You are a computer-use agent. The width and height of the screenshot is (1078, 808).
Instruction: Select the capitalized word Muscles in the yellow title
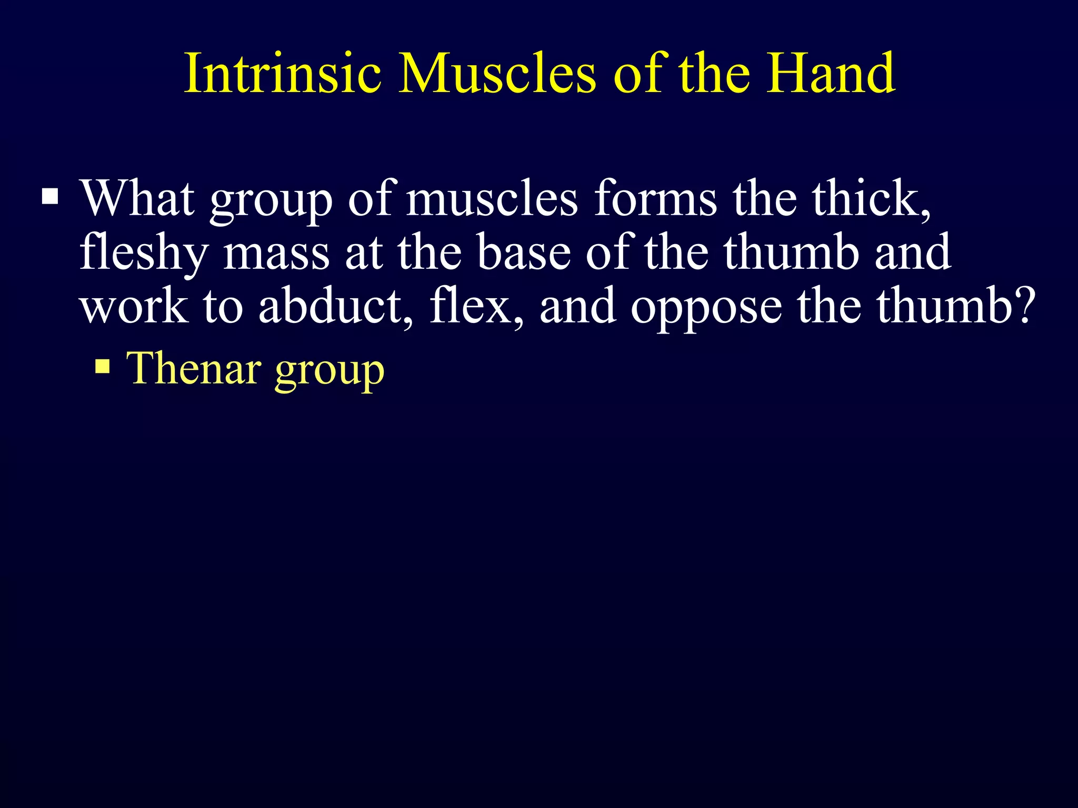click(x=497, y=73)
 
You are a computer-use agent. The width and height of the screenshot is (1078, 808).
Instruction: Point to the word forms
click(x=655, y=198)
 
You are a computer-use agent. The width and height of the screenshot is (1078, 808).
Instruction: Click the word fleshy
click(x=144, y=253)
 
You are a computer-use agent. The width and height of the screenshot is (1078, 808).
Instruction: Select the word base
click(x=524, y=252)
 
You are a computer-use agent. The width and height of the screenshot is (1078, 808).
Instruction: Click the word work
click(x=134, y=307)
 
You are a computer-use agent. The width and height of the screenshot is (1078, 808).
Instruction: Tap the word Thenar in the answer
click(x=194, y=368)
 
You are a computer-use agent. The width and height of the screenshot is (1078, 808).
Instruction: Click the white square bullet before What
click(x=50, y=197)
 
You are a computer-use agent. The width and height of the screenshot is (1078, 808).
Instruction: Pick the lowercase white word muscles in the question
click(x=492, y=199)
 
